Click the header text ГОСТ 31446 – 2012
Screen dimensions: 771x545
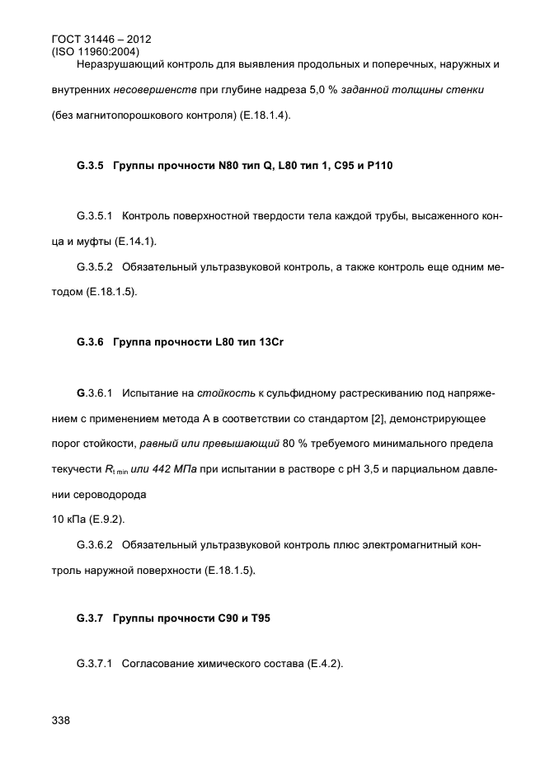pos(101,39)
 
